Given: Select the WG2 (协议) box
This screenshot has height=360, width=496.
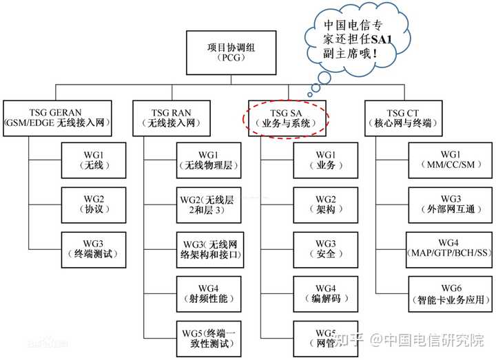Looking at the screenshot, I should click(x=90, y=203).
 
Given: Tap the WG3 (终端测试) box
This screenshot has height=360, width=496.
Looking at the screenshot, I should click(x=90, y=248).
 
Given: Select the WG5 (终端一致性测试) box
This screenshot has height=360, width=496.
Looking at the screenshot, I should click(x=206, y=337).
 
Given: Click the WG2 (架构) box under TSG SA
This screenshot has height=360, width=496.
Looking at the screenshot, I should click(x=326, y=203).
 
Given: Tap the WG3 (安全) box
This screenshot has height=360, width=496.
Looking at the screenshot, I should click(x=326, y=248).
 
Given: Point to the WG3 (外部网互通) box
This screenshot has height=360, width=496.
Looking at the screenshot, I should click(x=451, y=203).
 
